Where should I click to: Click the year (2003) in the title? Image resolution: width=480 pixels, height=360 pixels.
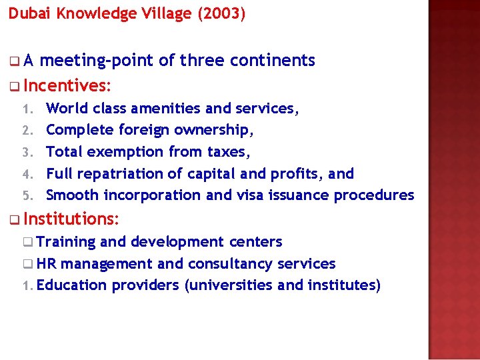pos(221,14)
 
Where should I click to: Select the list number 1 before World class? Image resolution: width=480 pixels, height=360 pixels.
pos(27,108)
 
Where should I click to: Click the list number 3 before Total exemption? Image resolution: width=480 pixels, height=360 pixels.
pos(27,152)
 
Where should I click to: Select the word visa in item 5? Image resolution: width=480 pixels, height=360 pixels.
pos(250,195)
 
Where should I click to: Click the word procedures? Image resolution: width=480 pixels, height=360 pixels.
pos(373,195)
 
